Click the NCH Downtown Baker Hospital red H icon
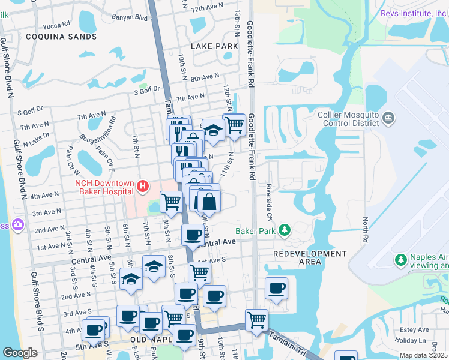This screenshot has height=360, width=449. pyautogui.click(x=143, y=187)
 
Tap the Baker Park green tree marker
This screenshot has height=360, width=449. pyautogui.click(x=285, y=230)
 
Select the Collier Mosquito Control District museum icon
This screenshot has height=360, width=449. pyautogui.click(x=388, y=117)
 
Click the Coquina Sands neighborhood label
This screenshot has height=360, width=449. pyautogui.click(x=61, y=37)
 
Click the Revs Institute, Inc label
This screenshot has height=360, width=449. pyautogui.click(x=414, y=13)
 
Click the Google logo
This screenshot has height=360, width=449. pyautogui.click(x=20, y=353)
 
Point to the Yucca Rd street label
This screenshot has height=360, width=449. pyautogui.click(x=58, y=26)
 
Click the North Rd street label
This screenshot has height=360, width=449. pyautogui.click(x=364, y=226)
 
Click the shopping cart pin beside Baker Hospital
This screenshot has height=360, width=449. pyautogui.click(x=171, y=202)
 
